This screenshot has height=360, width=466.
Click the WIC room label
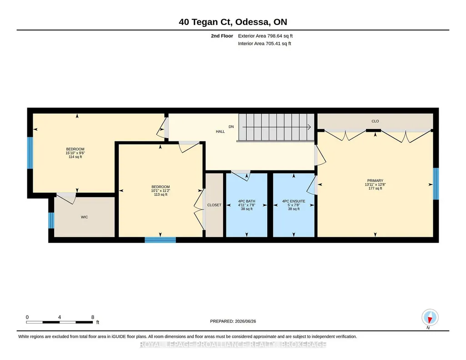(x=85, y=217)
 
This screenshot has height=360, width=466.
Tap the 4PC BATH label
(x=247, y=201)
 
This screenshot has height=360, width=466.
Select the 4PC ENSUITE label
(x=294, y=201)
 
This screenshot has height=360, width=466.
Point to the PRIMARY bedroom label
(x=375, y=180)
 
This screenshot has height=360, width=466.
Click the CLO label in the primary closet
(x=375, y=121)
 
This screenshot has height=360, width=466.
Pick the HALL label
(x=220, y=131)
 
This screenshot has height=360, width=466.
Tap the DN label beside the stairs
(x=231, y=127)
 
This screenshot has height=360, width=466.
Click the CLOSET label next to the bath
(x=214, y=205)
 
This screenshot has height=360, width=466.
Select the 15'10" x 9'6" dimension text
(x=75, y=153)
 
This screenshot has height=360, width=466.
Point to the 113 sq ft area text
(x=160, y=195)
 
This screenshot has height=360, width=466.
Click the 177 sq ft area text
(x=375, y=188)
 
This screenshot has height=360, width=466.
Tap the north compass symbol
(x=430, y=318)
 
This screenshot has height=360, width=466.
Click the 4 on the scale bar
(x=60, y=317)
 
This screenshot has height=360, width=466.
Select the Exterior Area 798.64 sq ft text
(x=266, y=36)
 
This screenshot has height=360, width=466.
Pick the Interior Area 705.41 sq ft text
(x=265, y=43)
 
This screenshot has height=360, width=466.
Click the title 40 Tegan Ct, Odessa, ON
(x=233, y=22)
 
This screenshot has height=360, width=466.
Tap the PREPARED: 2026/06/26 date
(x=233, y=321)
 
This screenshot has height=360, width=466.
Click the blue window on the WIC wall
(x=51, y=220)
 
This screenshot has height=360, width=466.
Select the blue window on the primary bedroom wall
(x=436, y=184)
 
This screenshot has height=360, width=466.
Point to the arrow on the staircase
(x=277, y=127)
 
